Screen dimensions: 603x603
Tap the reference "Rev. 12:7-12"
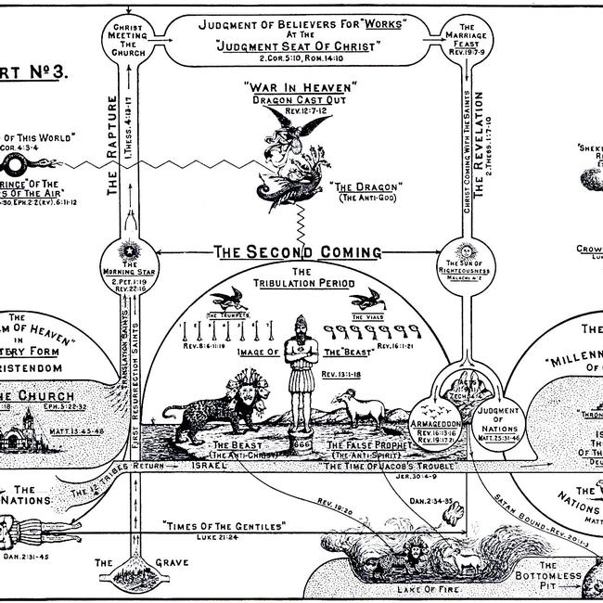coord(296,109)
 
